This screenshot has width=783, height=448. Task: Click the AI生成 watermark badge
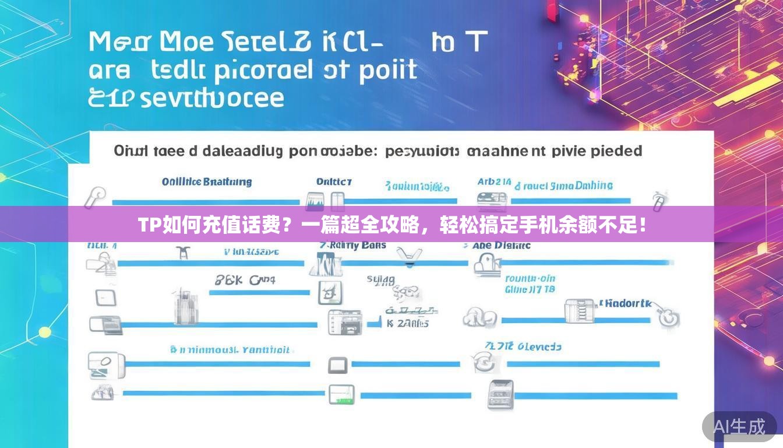click(739, 427)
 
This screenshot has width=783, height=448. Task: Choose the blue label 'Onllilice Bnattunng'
click(207, 182)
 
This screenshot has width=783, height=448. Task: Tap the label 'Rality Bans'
click(357, 245)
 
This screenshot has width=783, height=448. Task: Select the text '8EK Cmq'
click(245, 281)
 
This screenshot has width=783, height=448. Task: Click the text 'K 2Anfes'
click(407, 323)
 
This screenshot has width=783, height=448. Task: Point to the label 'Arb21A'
click(494, 182)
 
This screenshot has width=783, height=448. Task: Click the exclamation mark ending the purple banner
click(642, 225)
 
